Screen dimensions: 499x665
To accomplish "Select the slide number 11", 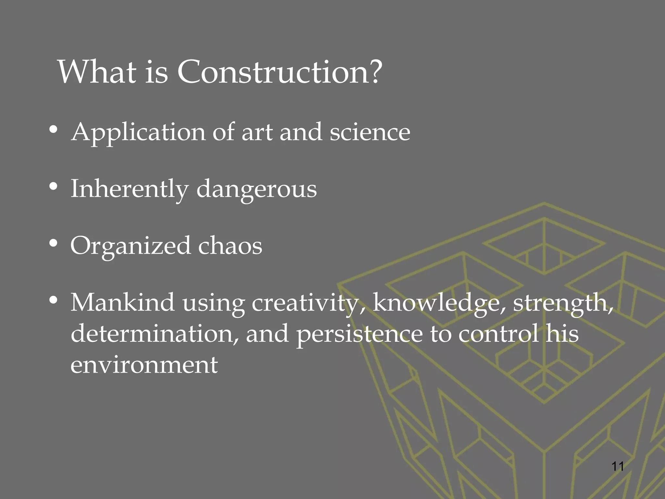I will point(617,467).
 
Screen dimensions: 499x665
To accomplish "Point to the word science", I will point(370,132).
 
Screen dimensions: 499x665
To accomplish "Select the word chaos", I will point(230,246).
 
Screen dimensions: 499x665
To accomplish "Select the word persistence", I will point(359,334).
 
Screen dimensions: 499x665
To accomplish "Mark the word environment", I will point(144,365).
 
